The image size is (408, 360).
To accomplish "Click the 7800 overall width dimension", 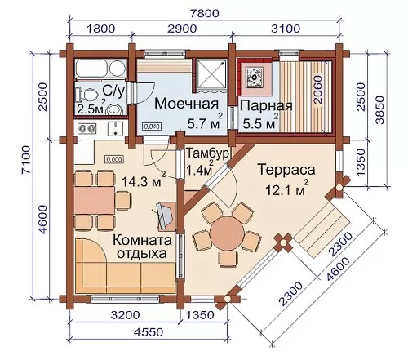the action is pos(204,13).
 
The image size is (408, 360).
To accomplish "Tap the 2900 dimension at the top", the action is pos(182,29).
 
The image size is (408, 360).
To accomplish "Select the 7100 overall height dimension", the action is pos(27,159).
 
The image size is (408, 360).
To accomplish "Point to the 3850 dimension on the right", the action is pos(379,110).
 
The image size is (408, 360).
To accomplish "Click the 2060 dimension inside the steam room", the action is pos(317,90).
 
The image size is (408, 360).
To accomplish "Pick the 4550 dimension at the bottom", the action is pos(149,332).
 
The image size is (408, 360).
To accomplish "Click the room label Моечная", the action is pos(187,104).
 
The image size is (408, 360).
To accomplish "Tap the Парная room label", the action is pos(266,105).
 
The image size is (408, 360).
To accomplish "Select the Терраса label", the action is pos(286,170).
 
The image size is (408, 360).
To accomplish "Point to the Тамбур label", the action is pos(207,153).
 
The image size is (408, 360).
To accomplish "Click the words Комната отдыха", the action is pos(142,247).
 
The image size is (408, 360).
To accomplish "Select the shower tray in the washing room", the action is pos(212,74).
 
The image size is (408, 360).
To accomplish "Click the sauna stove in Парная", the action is pos(255,77).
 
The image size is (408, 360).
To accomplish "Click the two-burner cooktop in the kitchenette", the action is pos(87,128).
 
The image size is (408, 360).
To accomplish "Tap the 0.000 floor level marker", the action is pos(114,159).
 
